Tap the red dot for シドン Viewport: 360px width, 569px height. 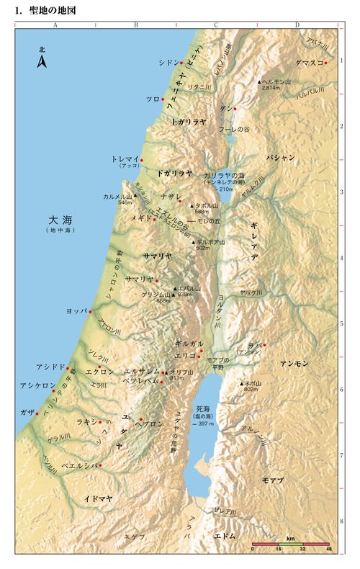181,63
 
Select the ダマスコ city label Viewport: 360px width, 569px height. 307,63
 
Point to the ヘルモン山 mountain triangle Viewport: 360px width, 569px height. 260,81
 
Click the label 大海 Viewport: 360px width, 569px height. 58,219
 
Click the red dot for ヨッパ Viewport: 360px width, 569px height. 90,311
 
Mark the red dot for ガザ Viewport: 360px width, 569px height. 37,413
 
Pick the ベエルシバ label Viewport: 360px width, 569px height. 78,465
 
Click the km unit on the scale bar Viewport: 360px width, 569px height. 291,538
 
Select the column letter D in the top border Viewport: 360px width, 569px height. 297,24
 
